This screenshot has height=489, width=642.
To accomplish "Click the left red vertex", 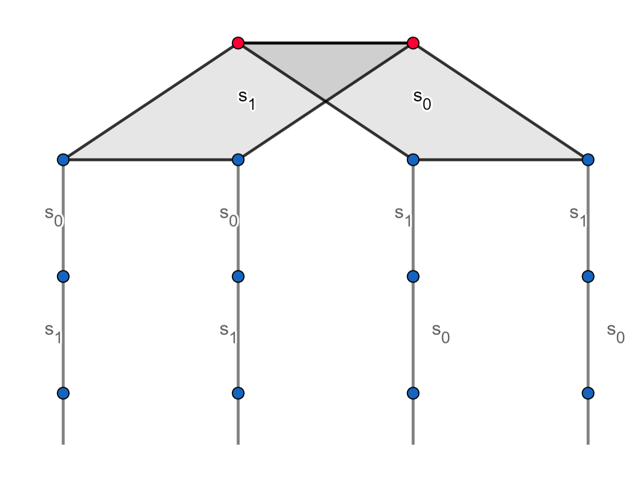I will click(238, 43).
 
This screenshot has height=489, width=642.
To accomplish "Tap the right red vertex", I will click(413, 43).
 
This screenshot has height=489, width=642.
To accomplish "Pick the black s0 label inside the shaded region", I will click(422, 100).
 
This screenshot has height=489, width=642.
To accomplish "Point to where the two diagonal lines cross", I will click(326, 101).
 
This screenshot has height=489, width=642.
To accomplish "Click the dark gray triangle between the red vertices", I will click(326, 65).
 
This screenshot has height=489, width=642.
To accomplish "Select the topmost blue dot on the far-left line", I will click(63, 160).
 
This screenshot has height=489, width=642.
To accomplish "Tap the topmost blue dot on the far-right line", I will click(588, 160).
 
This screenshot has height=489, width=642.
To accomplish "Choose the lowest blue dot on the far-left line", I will click(63, 393).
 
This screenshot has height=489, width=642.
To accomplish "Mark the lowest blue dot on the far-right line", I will click(588, 393).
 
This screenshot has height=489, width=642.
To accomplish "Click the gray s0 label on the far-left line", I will click(54, 217).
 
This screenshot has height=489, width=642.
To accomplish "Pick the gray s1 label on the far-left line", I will click(53, 333).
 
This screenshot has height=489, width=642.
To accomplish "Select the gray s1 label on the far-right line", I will click(578, 217).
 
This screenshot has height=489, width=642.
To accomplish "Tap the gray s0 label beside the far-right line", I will click(615, 333).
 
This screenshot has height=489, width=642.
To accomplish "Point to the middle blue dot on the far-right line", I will click(588, 277).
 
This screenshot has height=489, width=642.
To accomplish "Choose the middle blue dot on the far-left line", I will click(63, 277).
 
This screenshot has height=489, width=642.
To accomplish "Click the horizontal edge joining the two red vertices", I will click(326, 43).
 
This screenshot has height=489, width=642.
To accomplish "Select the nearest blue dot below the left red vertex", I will click(238, 160).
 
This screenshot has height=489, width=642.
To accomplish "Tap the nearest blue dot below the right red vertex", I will click(413, 160).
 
